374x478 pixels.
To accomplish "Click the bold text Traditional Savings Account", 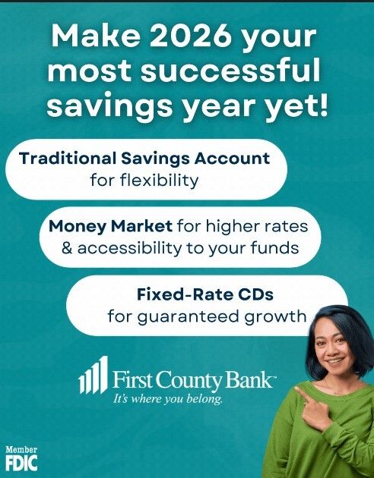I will [x=144, y=159].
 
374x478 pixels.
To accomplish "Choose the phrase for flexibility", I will [x=143, y=181].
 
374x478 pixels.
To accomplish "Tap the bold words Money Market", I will [x=111, y=226].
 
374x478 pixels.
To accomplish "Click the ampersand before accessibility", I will [x=65, y=247].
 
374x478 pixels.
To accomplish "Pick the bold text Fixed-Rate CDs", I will [x=193, y=293].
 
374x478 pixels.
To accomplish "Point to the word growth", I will [x=277, y=315].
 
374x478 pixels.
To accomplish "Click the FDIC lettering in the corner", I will [x=21, y=461].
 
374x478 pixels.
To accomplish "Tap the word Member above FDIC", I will [x=21, y=449].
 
